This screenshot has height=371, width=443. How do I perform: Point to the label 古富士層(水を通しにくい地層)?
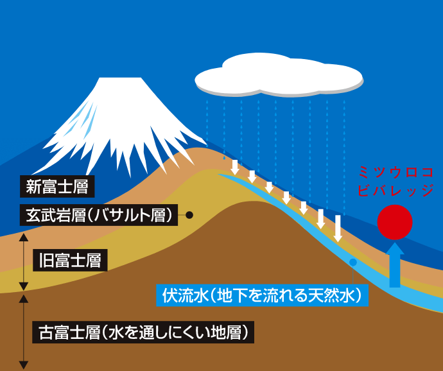point(140,333)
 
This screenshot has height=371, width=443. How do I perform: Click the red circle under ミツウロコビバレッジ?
point(394,222)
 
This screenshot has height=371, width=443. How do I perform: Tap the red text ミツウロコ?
point(396,173)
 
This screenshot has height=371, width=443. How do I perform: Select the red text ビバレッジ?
point(396,191)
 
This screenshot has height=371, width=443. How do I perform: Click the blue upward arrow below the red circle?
point(395,263)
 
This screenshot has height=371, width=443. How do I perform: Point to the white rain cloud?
point(279,75)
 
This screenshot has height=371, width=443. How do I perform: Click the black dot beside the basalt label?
point(189,215)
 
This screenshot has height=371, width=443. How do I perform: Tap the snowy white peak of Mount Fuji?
point(119,116)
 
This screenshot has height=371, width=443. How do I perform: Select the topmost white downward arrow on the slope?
point(235,166)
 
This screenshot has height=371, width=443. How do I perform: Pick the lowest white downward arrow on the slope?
point(338,229)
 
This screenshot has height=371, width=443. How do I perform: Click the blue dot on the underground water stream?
point(352,263)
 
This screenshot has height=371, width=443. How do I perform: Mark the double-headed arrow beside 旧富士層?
point(24,261)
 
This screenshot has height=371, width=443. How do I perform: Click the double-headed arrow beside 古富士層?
point(24,331)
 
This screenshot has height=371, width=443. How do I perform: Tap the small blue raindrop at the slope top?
point(224,157)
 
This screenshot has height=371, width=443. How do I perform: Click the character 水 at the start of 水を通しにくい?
point(115,333)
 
